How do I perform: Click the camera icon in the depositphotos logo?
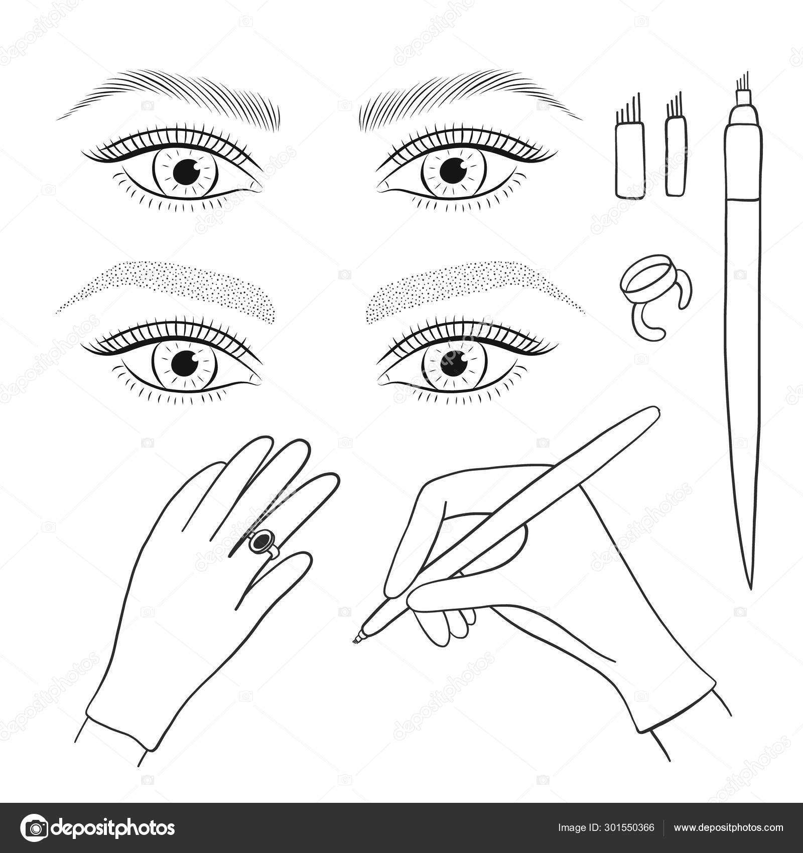pyautogui.click(x=35, y=827)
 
